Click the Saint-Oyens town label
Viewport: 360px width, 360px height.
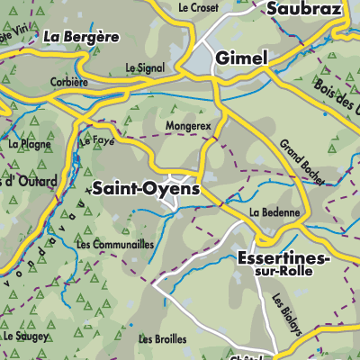click(145, 189)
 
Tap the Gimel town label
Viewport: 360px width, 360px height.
click(240, 57)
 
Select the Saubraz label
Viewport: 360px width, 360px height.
click(301, 9)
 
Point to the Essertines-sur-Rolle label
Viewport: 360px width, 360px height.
click(283, 265)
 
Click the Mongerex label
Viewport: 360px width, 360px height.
click(188, 127)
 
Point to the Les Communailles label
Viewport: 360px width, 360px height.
click(115, 244)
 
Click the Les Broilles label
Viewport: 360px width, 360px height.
click(163, 339)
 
